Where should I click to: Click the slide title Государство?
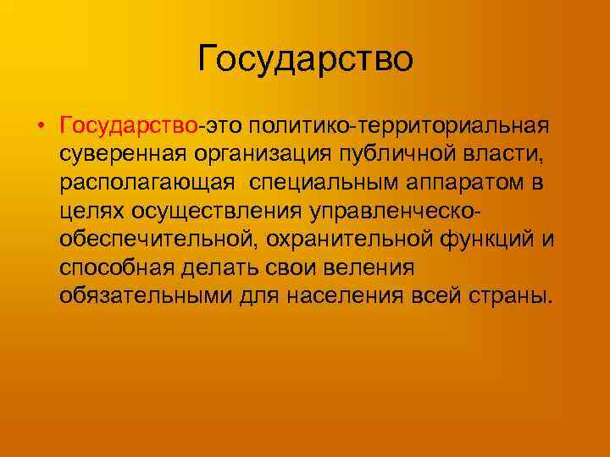305,59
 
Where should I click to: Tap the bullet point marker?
40,127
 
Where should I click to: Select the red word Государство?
128,126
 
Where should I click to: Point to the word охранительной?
347,240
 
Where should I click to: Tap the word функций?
487,240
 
